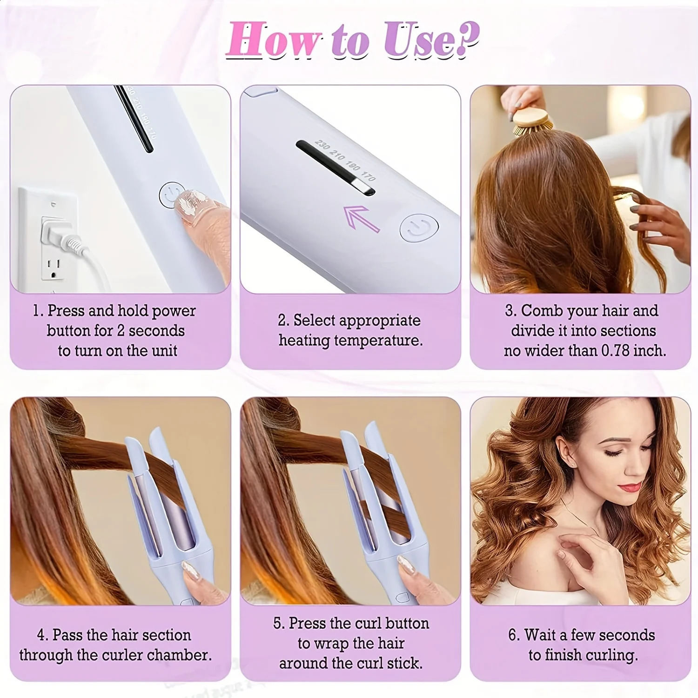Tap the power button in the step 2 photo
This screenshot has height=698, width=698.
(x=419, y=228)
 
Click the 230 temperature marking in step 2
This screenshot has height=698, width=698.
(x=322, y=145)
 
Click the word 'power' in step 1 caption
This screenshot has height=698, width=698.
(x=174, y=311)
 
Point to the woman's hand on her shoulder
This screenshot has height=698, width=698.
(x=586, y=547)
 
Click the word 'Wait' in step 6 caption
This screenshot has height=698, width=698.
(x=541, y=635)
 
